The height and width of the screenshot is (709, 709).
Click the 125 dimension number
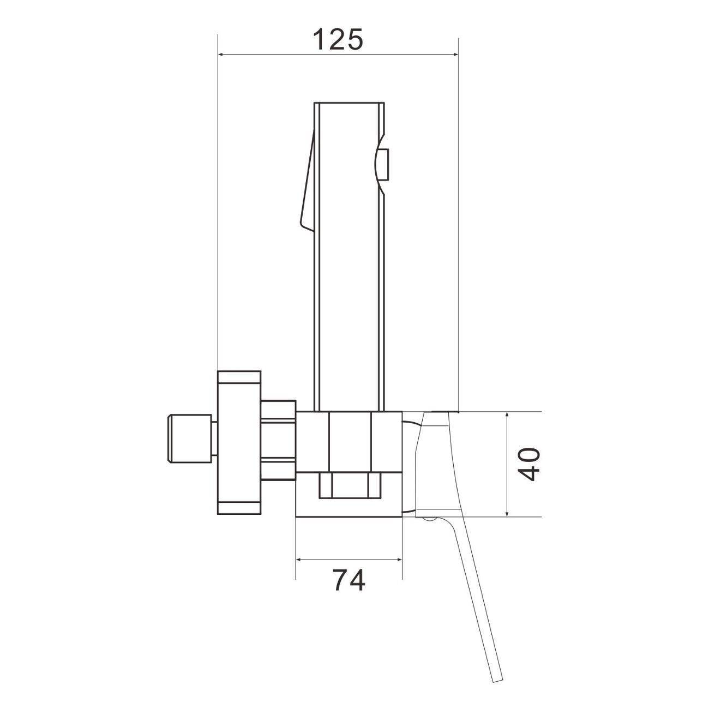(338, 39)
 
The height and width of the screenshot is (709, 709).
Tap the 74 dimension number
(349, 580)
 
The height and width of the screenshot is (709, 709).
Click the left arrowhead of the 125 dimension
(222, 55)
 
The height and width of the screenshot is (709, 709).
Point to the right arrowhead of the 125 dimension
(455, 55)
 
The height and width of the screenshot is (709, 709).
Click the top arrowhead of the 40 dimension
(507, 416)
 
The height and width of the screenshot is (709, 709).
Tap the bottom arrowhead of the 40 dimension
(507, 512)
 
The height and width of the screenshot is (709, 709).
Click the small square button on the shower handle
(384, 165)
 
